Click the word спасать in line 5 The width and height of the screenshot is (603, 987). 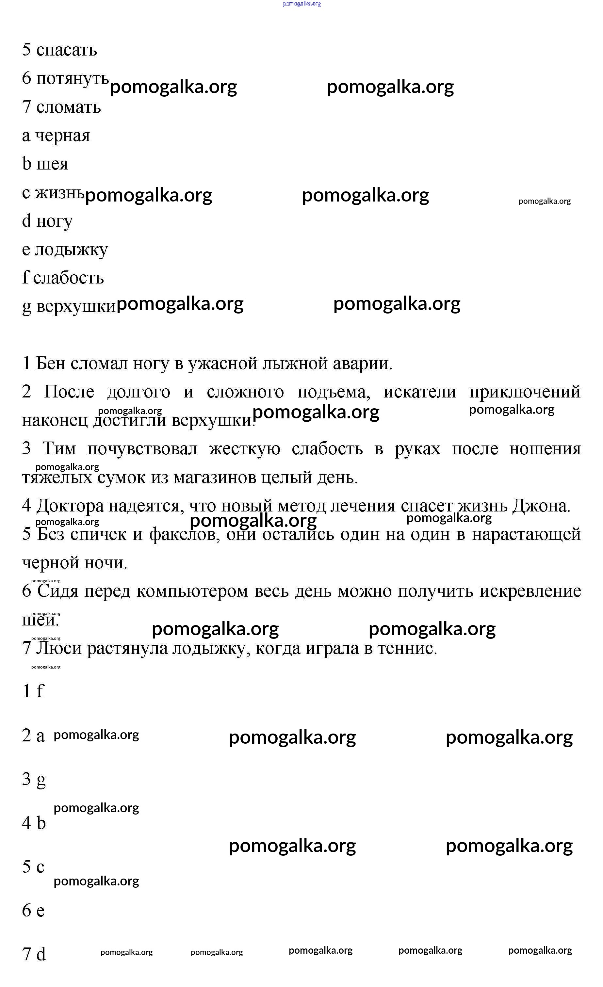click(67, 50)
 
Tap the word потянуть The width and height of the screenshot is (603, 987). click(72, 78)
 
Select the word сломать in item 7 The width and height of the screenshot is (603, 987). click(68, 107)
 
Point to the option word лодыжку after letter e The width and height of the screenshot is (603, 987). click(71, 250)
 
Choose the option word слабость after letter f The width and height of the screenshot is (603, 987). click(68, 278)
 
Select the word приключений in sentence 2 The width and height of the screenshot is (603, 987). click(525, 392)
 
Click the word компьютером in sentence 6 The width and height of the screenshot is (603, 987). click(192, 591)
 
